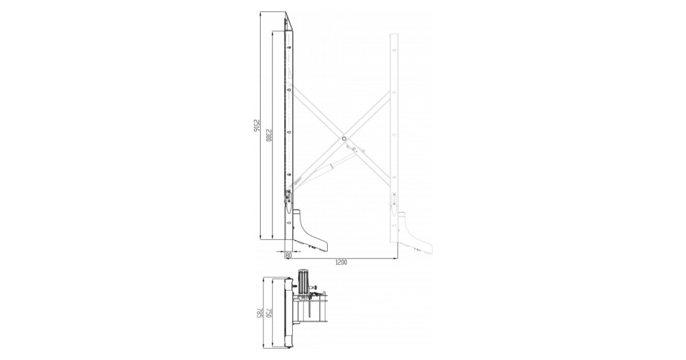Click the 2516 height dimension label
[256, 126]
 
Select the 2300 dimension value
[268, 135]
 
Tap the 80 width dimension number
[288, 254]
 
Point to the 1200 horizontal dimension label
[341, 262]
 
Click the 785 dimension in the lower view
[259, 313]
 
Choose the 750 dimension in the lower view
[269, 313]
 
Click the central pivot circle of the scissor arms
[344, 139]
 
